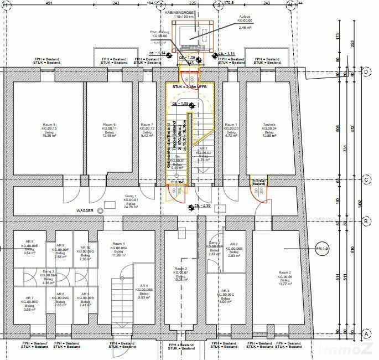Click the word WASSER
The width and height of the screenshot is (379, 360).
(x=86, y=211)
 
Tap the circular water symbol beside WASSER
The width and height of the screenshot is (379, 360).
(x=100, y=211)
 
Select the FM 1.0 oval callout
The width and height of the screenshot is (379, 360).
(x=322, y=249)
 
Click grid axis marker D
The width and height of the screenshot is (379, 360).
(x=366, y=72)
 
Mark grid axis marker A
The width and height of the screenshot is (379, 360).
(x=366, y=334)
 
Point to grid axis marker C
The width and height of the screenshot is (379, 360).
(x=366, y=179)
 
